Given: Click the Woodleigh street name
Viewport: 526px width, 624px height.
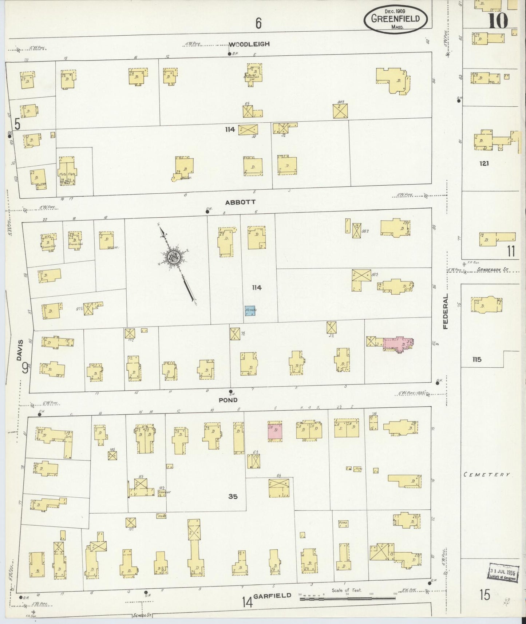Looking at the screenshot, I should [x=249, y=44].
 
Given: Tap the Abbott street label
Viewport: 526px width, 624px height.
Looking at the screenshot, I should [x=240, y=202].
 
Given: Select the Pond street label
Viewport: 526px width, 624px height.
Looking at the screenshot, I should [x=228, y=400].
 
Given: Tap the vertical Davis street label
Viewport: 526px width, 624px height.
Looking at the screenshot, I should [x=20, y=350].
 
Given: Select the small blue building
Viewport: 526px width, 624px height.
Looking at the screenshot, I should [x=250, y=310].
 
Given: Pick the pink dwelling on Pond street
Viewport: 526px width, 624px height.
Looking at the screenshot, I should [x=275, y=431].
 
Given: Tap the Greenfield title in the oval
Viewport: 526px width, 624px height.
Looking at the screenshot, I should [x=395, y=19].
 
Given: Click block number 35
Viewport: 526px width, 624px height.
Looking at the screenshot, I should [x=233, y=496].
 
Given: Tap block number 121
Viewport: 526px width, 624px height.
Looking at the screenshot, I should [x=484, y=164].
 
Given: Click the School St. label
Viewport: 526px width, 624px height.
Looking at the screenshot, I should [x=142, y=615].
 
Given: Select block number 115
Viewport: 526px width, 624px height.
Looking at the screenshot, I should [x=477, y=359].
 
